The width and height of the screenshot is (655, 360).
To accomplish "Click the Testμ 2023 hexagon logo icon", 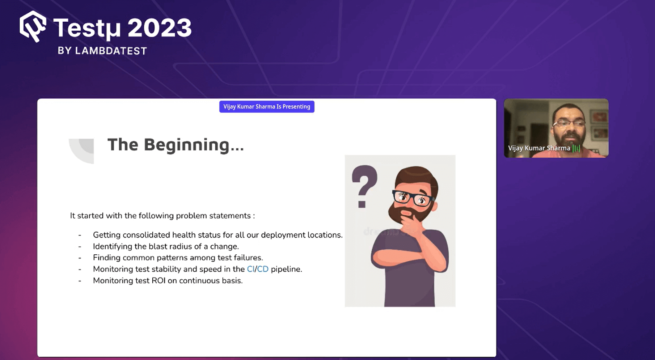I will tap(33, 27).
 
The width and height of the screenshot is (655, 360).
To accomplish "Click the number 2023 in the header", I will tap(160, 28).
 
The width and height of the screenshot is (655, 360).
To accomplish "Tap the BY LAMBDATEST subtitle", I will tap(102, 51).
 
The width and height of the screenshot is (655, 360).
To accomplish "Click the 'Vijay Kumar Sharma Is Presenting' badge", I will tap(267, 106).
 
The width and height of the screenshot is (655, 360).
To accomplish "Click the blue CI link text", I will tap(251, 269).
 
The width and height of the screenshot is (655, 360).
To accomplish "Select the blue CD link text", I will tap(263, 269).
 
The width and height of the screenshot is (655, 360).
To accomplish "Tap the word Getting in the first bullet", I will tap(106, 235).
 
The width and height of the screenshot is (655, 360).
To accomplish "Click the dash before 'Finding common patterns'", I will tap(80, 258).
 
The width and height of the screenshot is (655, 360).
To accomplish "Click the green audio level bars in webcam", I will tap(576, 148).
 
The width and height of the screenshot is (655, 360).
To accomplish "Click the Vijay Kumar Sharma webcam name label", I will tap(539, 148).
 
